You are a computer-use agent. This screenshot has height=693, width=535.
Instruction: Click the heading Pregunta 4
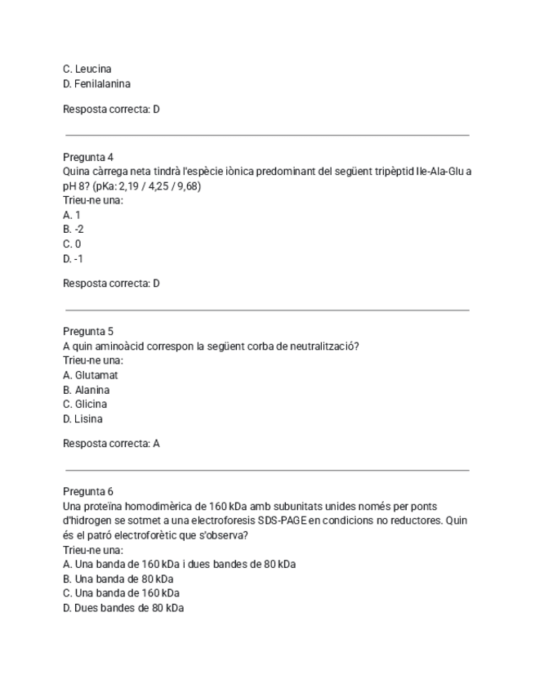click(x=88, y=156)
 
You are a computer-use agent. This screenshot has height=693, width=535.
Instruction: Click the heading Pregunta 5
click(x=88, y=331)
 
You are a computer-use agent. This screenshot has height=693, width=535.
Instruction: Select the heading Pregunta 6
click(x=88, y=491)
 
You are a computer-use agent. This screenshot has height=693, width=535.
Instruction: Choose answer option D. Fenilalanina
click(x=96, y=83)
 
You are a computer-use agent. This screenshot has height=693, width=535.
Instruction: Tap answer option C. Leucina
click(x=87, y=69)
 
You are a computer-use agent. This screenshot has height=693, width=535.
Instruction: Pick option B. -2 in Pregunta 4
click(x=74, y=230)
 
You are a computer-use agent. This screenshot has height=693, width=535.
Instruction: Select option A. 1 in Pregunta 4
click(x=72, y=215)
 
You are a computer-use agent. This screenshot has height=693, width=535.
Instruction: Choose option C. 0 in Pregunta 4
click(x=72, y=244)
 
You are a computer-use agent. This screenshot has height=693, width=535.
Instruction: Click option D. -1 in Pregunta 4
click(x=74, y=258)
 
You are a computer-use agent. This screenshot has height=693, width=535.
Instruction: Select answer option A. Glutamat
click(x=91, y=374)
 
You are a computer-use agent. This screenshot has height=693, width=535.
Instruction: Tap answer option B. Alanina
click(x=87, y=390)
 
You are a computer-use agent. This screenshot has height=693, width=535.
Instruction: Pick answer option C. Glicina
click(x=85, y=404)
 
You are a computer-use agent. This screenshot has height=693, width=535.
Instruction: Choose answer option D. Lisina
click(x=83, y=418)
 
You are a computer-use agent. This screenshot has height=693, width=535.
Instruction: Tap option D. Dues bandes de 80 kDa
click(x=123, y=608)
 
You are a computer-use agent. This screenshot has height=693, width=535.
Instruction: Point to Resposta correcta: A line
click(x=111, y=443)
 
